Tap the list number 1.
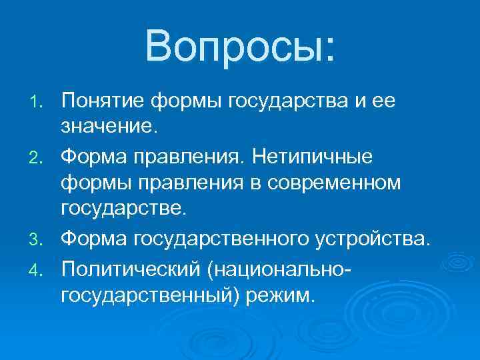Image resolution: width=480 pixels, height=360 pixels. tap(41, 102)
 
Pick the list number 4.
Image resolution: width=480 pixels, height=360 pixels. tap(41, 268)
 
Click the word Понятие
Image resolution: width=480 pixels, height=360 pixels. tap(102, 101)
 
